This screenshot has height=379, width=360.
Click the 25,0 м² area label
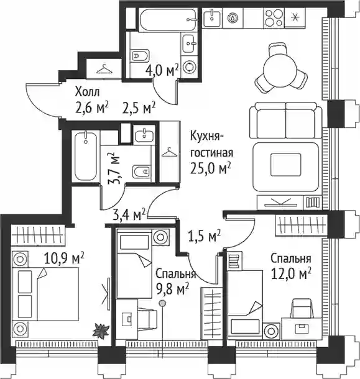[210, 168]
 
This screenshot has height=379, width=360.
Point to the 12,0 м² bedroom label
[291, 273]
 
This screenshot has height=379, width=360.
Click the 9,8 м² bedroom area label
[172, 289]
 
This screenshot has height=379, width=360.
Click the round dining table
[280, 68]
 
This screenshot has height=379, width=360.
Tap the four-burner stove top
[274, 18]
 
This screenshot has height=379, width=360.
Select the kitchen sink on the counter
[211, 17]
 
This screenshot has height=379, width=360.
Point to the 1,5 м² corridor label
[205, 235]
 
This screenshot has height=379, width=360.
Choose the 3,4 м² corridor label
[129, 214]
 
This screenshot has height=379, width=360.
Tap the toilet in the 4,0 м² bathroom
[139, 56]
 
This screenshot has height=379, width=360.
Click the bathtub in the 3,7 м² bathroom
[86, 156]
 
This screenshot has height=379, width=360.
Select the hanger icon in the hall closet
[104, 69]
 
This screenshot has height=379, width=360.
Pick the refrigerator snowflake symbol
[295, 17]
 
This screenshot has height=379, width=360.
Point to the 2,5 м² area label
[139, 108]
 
